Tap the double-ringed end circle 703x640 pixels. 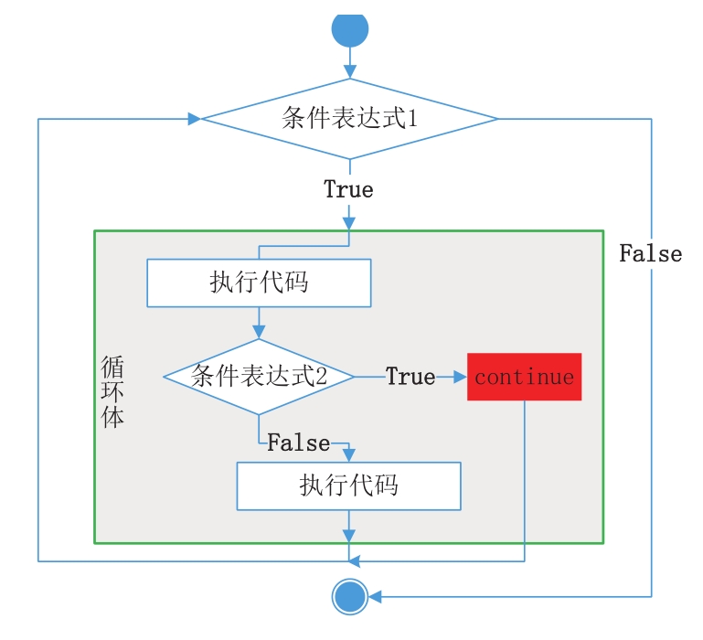[349, 598]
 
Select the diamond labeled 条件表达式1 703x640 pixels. [349, 119]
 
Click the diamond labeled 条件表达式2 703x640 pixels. [259, 376]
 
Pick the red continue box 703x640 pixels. [524, 376]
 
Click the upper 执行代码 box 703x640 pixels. [259, 282]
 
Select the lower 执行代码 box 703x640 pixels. [348, 485]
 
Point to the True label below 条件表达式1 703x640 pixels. [348, 189]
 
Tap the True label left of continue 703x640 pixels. [410, 376]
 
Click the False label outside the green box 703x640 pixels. [650, 253]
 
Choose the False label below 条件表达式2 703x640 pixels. [298, 443]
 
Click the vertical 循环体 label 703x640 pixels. [113, 393]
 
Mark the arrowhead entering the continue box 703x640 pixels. [460, 376]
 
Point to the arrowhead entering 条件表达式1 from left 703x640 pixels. [194, 119]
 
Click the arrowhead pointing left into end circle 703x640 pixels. [375, 598]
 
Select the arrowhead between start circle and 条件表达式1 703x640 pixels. [349, 70]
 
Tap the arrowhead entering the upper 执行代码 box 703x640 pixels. [348, 222]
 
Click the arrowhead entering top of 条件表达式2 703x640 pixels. [259, 331]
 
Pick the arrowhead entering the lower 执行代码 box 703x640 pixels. [348, 454]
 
